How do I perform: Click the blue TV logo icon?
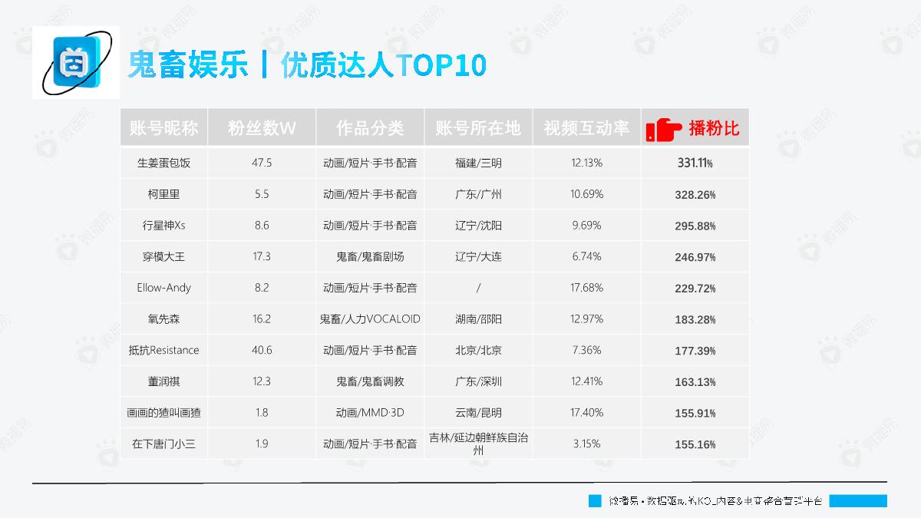(76, 62)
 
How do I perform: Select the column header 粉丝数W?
(262, 128)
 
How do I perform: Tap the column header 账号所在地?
(477, 128)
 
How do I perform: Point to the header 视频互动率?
(586, 128)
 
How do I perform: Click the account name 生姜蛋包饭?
(163, 163)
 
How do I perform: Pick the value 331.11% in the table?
(695, 163)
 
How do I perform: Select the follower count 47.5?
(262, 163)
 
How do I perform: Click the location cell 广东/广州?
(477, 195)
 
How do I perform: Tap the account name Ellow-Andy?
(163, 288)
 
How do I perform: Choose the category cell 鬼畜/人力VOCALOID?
(370, 319)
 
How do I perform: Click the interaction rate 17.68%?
(587, 288)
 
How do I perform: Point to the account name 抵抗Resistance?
(163, 351)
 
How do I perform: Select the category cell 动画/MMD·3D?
(370, 413)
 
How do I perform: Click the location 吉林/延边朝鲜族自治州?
(477, 444)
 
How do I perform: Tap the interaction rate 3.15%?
(587, 444)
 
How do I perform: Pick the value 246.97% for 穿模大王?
(695, 257)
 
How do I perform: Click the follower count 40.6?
(262, 351)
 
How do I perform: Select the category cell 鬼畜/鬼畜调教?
(370, 381)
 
